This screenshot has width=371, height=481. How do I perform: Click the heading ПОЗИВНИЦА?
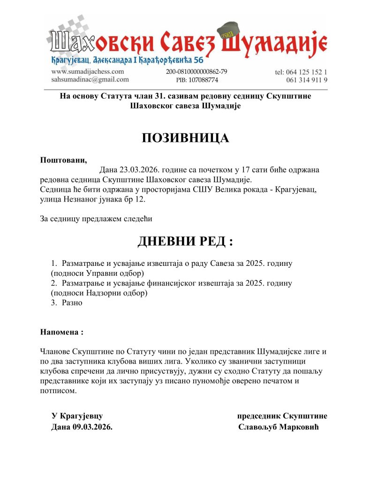pyautogui.click(x=185, y=138)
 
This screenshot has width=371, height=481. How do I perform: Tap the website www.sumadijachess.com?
pyautogui.click(x=87, y=71)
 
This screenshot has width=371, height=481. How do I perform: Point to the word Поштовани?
pyautogui.click(x=63, y=159)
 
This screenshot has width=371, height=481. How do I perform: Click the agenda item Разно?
pyautogui.click(x=72, y=303)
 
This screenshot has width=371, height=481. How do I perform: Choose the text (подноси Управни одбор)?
pyautogui.click(x=98, y=273)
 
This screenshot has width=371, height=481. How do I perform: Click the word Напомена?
pyautogui.click(x=62, y=332)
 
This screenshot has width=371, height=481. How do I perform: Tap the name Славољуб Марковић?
pyautogui.click(x=279, y=427)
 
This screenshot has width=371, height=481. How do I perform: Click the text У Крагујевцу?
pyautogui.click(x=77, y=416)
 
